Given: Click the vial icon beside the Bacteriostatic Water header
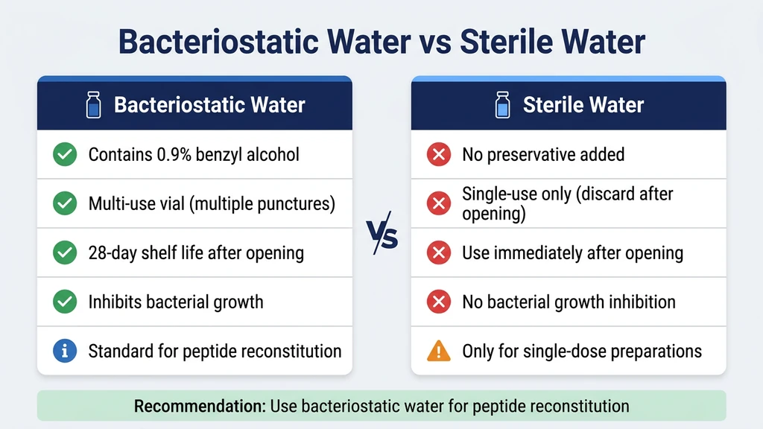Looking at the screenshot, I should point(94,105).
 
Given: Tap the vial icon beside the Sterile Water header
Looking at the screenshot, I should point(503,105).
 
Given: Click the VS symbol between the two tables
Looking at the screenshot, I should point(381,237).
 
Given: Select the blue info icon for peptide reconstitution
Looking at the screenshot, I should point(65,351).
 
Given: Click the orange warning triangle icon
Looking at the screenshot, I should point(438,351).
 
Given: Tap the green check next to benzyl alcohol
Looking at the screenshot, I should point(65,155).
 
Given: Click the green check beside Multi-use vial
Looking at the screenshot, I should point(65,203).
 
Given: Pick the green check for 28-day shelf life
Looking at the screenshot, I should point(65,252).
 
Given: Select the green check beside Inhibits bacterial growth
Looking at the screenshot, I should point(65,302).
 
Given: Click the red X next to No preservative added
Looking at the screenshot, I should point(438,155).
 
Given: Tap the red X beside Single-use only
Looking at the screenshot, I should point(438,203).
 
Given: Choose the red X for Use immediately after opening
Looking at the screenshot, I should point(438,252).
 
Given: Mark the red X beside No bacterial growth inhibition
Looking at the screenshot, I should point(438,302).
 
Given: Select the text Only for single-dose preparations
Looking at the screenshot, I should point(582,351).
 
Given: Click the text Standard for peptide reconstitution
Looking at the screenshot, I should point(215,351).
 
